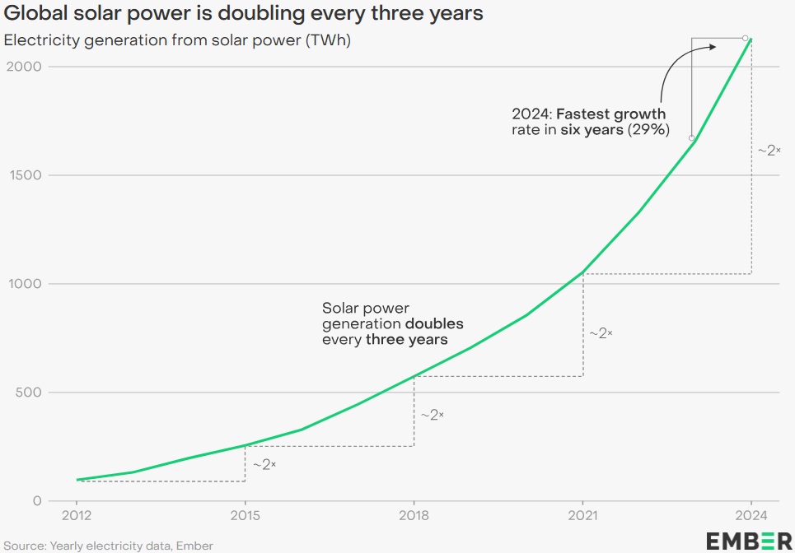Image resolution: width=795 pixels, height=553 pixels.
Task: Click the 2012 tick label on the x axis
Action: [x=77, y=515]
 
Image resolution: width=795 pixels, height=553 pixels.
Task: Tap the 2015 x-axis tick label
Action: [x=245, y=515]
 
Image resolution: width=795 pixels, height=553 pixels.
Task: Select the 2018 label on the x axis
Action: [x=414, y=515]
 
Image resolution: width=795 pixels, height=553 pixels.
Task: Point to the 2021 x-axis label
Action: [x=582, y=515]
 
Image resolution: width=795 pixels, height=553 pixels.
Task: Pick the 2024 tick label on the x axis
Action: [x=751, y=515]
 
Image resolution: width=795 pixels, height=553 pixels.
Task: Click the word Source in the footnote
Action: [x=24, y=545]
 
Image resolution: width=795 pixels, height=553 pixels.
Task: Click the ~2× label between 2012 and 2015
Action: [x=264, y=465]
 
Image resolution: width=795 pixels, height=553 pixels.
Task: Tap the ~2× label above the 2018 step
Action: [x=432, y=416]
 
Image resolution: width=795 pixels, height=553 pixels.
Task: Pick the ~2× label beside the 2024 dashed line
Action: [x=769, y=151]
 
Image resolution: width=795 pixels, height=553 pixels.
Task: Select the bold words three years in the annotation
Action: [x=407, y=339]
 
